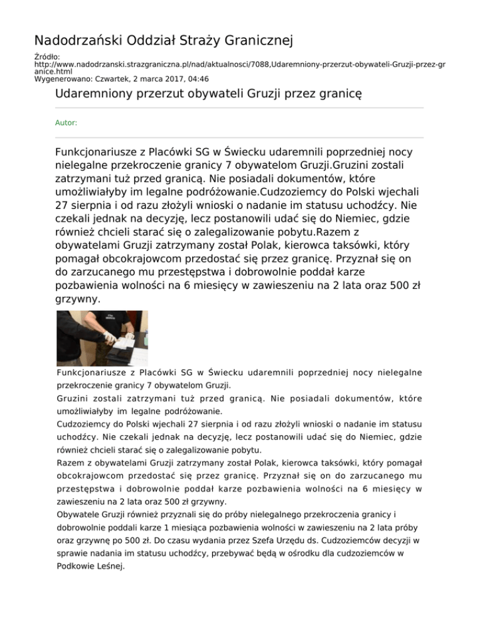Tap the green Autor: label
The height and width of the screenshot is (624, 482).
67,123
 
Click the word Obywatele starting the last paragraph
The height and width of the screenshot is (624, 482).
78,514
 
